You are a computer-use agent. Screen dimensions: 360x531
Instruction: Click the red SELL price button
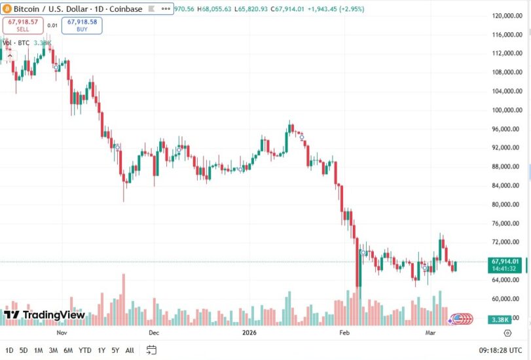point(22,26)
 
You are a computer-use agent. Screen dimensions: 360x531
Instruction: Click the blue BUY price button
point(82,26)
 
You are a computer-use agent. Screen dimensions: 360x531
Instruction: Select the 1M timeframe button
point(39,350)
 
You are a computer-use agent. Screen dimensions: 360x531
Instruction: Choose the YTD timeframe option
point(85,350)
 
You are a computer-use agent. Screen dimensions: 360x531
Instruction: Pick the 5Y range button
point(115,350)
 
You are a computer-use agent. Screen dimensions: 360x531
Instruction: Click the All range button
point(130,350)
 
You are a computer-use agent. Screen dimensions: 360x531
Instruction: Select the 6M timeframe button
point(68,350)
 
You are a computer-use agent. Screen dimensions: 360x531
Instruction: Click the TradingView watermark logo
point(45,315)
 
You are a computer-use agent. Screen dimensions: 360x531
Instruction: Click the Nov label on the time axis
point(62,333)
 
